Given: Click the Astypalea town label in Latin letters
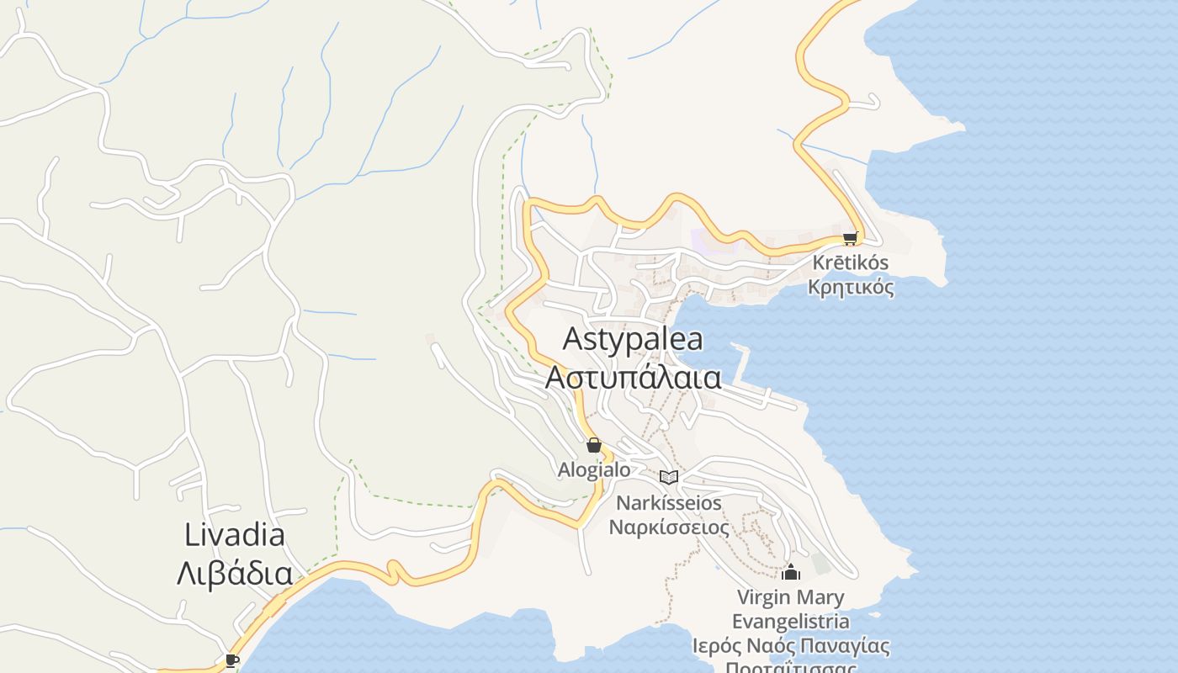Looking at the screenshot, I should point(633,339).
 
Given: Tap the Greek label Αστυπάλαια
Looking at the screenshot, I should point(633,377).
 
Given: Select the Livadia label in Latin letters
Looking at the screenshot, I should point(235,534).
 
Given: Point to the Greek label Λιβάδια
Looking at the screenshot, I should point(235,574).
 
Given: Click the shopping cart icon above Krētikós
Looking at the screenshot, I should point(850,238).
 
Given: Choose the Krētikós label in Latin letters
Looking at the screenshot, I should point(850,263).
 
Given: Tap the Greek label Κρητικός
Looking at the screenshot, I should point(850,287).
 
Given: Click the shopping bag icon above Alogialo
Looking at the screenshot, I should point(594,445).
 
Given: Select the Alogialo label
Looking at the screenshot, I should point(594,469).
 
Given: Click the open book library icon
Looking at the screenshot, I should point(669,477).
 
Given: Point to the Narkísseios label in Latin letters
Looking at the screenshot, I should point(669,503).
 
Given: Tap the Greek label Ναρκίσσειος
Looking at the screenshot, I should point(669,527).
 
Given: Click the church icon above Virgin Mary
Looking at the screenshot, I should point(790,573).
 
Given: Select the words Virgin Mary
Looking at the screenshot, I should point(790,598).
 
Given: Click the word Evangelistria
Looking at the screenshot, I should point(790,622).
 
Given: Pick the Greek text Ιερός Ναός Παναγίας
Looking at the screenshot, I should point(790,646).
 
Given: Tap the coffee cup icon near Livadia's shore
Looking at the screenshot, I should point(232,660).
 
